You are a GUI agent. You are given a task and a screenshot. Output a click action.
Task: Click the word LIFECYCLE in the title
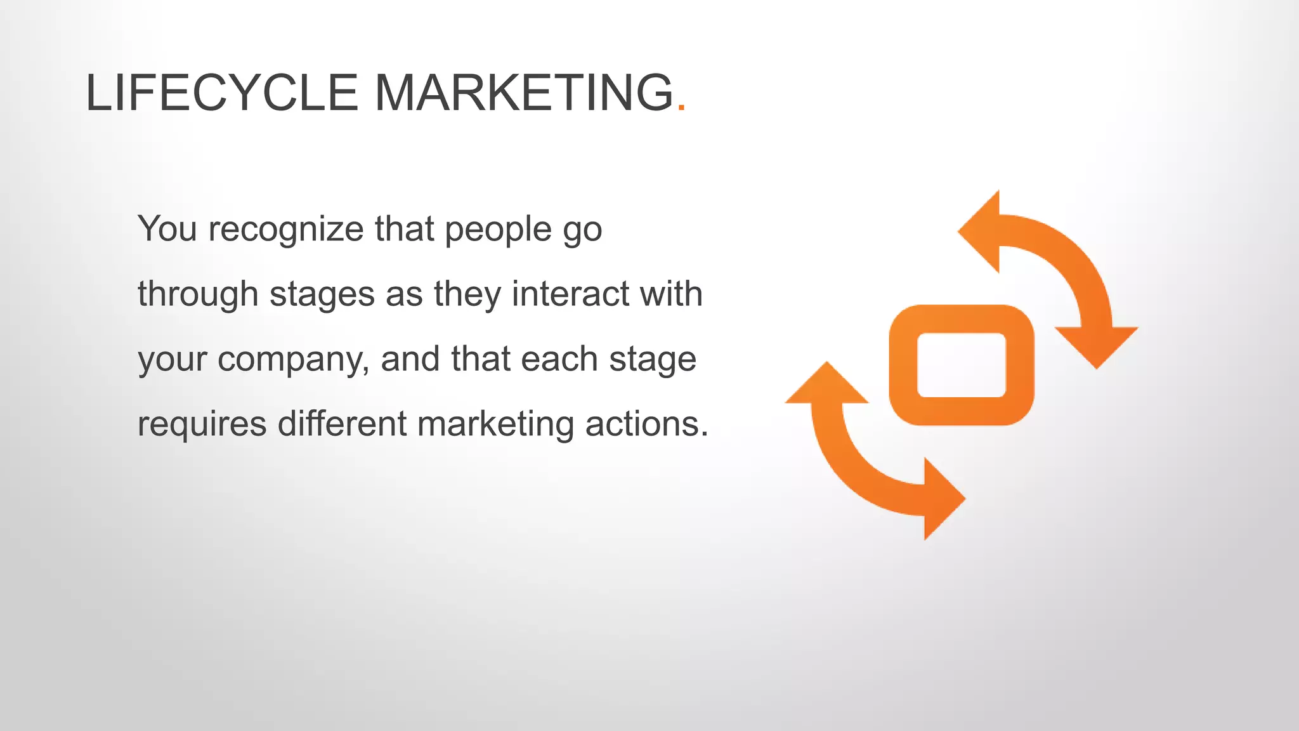[x=222, y=93]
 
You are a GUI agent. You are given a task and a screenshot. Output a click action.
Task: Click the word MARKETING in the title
[x=524, y=93]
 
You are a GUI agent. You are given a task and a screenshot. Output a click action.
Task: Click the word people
[x=498, y=230]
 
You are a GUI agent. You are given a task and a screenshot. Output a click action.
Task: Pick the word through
[x=198, y=295]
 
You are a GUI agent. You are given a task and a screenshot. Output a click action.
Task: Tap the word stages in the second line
[x=322, y=295]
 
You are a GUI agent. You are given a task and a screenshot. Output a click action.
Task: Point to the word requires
[x=202, y=425]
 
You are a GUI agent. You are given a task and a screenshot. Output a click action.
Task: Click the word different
[x=342, y=423]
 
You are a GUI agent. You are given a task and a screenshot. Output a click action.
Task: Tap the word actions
[x=646, y=423]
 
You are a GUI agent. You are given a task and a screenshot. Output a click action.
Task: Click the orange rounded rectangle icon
[x=961, y=365]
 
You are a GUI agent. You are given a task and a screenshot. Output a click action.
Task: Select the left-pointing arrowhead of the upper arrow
[x=982, y=232]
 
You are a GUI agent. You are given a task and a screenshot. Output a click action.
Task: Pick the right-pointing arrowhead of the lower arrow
[x=942, y=499]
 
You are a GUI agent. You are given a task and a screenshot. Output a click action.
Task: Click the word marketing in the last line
[x=495, y=425]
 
